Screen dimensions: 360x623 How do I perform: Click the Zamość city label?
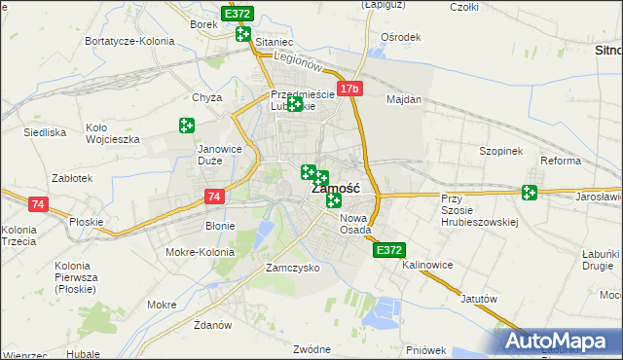tap(337, 189)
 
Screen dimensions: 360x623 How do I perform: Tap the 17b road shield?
tap(350, 90)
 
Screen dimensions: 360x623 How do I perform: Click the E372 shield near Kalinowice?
tap(388, 250)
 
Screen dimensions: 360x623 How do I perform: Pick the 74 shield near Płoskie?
tap(38, 204)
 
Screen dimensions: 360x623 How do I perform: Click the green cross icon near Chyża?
tap(186, 126)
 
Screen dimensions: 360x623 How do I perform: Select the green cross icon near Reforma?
tap(530, 193)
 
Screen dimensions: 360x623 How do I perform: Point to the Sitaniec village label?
tap(274, 43)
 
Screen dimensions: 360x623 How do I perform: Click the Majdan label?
tap(404, 99)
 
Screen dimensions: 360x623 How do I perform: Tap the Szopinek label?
tap(501, 152)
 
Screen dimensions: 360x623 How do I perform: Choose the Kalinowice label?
tap(429, 265)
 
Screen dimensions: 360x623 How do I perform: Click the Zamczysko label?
tap(293, 268)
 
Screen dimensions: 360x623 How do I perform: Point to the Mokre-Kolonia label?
tap(201, 252)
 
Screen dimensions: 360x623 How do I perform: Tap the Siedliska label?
tap(45, 131)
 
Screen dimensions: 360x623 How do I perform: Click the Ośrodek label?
tap(400, 37)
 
